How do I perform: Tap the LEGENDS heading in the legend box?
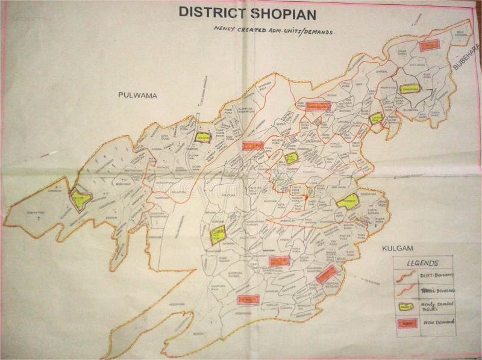[421, 263]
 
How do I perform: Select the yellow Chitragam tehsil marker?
[376, 117]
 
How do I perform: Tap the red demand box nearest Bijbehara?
[428, 45]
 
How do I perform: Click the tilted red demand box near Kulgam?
[327, 274]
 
